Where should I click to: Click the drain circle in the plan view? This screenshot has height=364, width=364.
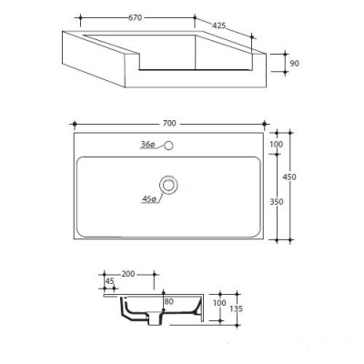point(167,185)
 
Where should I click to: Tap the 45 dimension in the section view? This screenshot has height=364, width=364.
point(110,281)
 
